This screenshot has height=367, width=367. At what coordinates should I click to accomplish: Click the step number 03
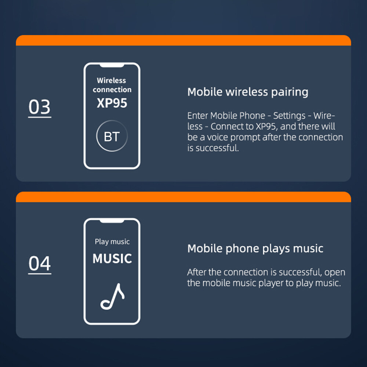pos(40,107)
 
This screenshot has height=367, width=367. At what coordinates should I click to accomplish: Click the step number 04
pos(40,264)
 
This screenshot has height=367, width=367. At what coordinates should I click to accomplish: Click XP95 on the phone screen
pos(112,103)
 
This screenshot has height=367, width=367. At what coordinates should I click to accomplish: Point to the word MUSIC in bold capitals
pos(112,259)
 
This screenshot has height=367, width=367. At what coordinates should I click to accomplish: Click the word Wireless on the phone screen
pos(112,80)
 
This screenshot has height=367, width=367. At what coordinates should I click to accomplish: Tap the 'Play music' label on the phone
pos(112,242)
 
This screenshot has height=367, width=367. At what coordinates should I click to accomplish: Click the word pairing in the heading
pos(290,92)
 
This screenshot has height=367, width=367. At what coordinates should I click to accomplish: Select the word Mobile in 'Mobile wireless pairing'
pos(205,92)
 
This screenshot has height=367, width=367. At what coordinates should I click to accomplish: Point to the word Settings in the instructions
pos(289,116)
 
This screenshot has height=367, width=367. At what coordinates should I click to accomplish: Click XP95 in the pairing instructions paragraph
pos(266,126)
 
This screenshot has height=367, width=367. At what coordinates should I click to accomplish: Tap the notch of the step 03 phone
pos(112,65)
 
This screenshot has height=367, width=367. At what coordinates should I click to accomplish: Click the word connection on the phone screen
pos(112,90)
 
